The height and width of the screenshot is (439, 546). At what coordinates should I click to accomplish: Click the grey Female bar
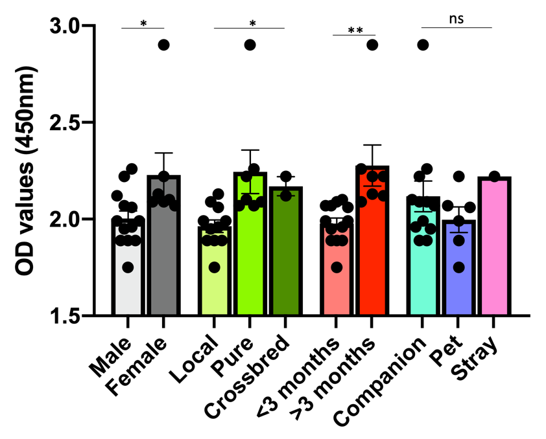coord(163,259)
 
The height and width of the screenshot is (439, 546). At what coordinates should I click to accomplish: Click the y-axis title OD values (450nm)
coord(27,171)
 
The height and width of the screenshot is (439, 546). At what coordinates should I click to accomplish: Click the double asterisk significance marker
coord(354,31)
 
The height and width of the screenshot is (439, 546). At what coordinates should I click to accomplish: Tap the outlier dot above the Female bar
coord(163,45)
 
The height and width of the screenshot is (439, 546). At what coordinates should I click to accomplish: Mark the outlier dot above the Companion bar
coord(423,45)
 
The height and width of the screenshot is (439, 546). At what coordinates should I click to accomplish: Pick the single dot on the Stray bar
coord(494,177)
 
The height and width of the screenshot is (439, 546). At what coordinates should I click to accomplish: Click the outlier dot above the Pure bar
coord(250,45)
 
